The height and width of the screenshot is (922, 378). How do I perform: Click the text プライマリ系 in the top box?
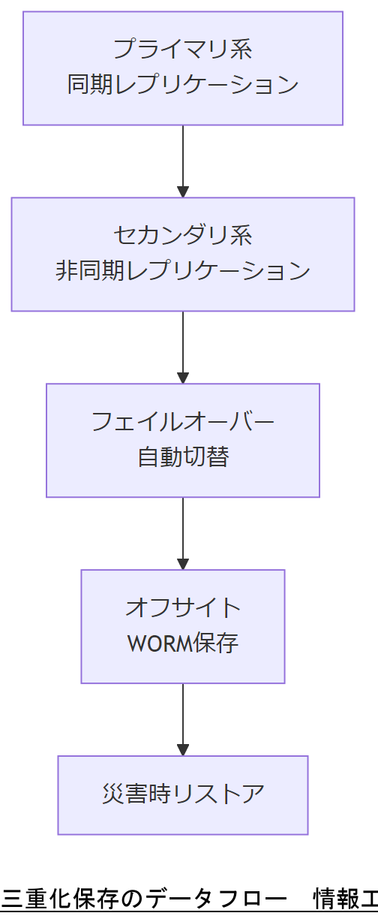pyautogui.click(x=182, y=50)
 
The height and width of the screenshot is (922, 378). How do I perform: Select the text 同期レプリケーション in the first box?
pyautogui.click(x=182, y=85)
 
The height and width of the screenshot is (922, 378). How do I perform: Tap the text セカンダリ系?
pyautogui.click(x=182, y=235)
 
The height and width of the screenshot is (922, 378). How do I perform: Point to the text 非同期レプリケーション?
pyautogui.click(x=182, y=270)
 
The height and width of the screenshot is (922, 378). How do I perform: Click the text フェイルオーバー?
pyautogui.click(x=182, y=421)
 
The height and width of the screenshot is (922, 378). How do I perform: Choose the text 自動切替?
pyautogui.click(x=182, y=456)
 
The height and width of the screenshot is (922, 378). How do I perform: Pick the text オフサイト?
pyautogui.click(x=182, y=607)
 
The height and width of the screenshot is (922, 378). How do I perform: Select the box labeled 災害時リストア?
pyautogui.click(x=182, y=794)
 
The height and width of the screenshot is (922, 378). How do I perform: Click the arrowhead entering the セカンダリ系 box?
pyautogui.click(x=182, y=191)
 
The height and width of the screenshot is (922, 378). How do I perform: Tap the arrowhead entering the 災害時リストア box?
pyautogui.click(x=182, y=749)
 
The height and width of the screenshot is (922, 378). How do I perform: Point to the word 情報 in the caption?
pyautogui.click(x=336, y=898)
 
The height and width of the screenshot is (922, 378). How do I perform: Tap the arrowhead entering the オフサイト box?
pyautogui.click(x=182, y=563)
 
